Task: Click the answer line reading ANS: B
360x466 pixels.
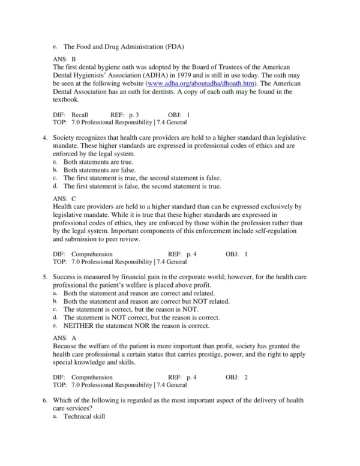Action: point(65,59)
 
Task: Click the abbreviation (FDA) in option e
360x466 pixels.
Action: point(172,46)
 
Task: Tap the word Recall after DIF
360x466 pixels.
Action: point(80,113)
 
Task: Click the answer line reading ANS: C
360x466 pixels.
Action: point(65,198)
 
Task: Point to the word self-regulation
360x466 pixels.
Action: point(275,230)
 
